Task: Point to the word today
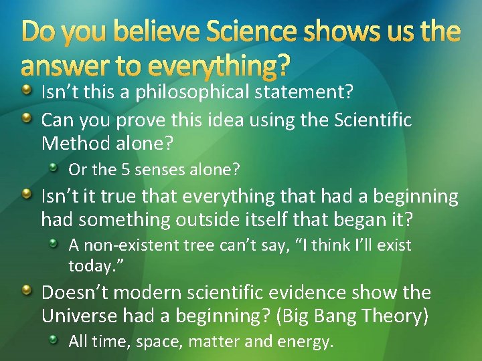[89, 265]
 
